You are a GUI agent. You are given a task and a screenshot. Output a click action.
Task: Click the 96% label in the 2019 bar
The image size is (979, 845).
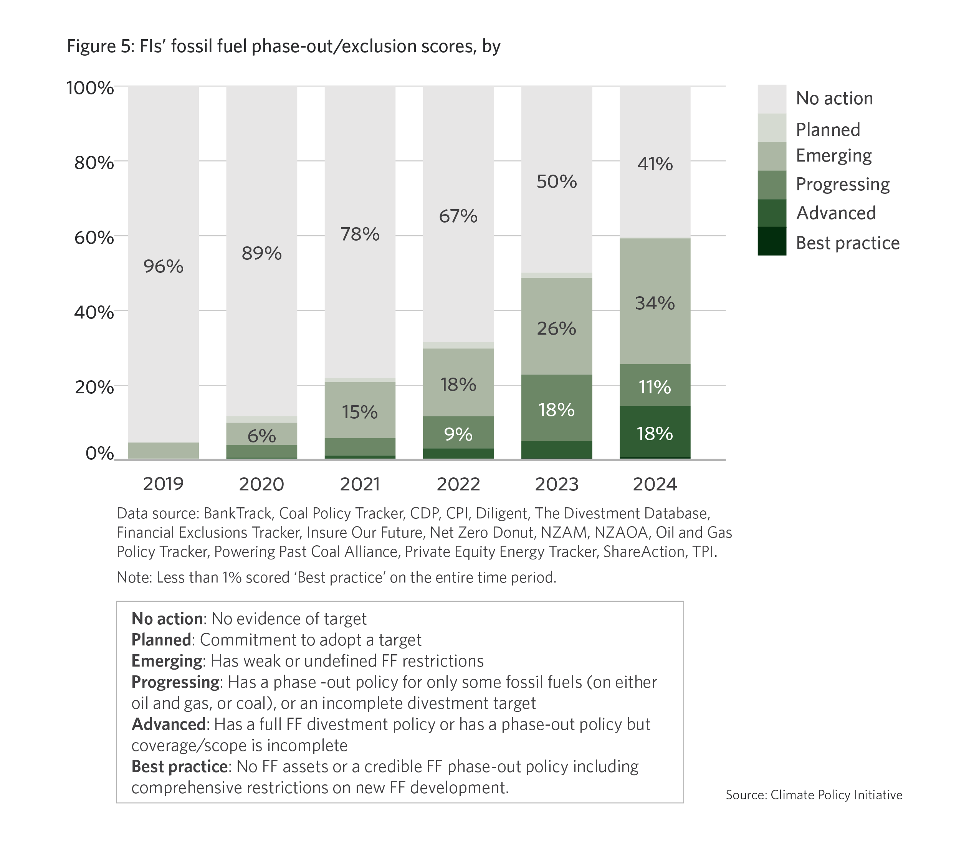[x=163, y=267]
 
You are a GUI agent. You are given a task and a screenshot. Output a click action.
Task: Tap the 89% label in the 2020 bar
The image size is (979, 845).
[x=261, y=254]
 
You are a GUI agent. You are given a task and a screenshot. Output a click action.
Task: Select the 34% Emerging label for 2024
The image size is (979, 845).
[x=655, y=303]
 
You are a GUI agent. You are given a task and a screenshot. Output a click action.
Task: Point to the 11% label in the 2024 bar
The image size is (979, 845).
[x=655, y=387]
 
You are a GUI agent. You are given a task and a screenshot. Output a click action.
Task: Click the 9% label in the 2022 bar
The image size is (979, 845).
[x=458, y=434]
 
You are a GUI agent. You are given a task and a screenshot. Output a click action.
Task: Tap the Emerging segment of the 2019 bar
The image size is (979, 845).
[x=163, y=450]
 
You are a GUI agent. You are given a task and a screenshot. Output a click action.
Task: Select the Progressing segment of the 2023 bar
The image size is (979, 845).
[x=556, y=408]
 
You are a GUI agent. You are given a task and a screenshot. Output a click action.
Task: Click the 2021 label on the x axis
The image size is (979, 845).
[x=360, y=484]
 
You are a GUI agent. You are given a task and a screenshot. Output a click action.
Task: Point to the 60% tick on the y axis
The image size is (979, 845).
[x=94, y=237]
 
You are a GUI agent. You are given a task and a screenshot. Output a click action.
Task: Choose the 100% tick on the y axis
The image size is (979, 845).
[x=90, y=88]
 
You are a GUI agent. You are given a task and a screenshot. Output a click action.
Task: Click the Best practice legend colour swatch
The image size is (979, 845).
[x=772, y=241]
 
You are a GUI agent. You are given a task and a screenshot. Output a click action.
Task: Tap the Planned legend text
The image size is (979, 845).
[x=828, y=129]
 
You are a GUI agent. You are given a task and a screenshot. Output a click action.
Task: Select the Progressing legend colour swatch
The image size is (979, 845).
[x=772, y=185]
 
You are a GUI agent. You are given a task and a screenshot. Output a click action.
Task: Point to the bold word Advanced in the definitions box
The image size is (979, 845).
[x=168, y=724]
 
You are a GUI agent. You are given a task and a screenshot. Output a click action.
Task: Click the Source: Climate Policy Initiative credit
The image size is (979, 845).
[x=814, y=795]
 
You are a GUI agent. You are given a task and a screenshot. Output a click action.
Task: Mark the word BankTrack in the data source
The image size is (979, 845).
[x=237, y=513]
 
